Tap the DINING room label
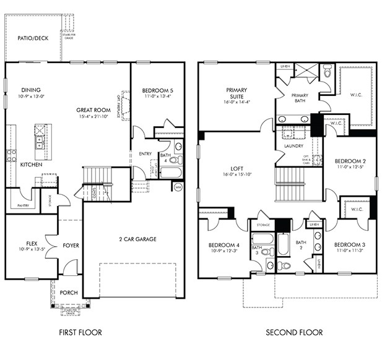(x=31, y=90)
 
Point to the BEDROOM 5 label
(x=157, y=90)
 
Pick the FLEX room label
(x=32, y=243)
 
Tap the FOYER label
(x=71, y=245)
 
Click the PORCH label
(x=69, y=293)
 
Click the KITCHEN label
(x=31, y=165)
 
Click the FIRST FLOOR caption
(x=80, y=332)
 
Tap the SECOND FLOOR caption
(x=294, y=332)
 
